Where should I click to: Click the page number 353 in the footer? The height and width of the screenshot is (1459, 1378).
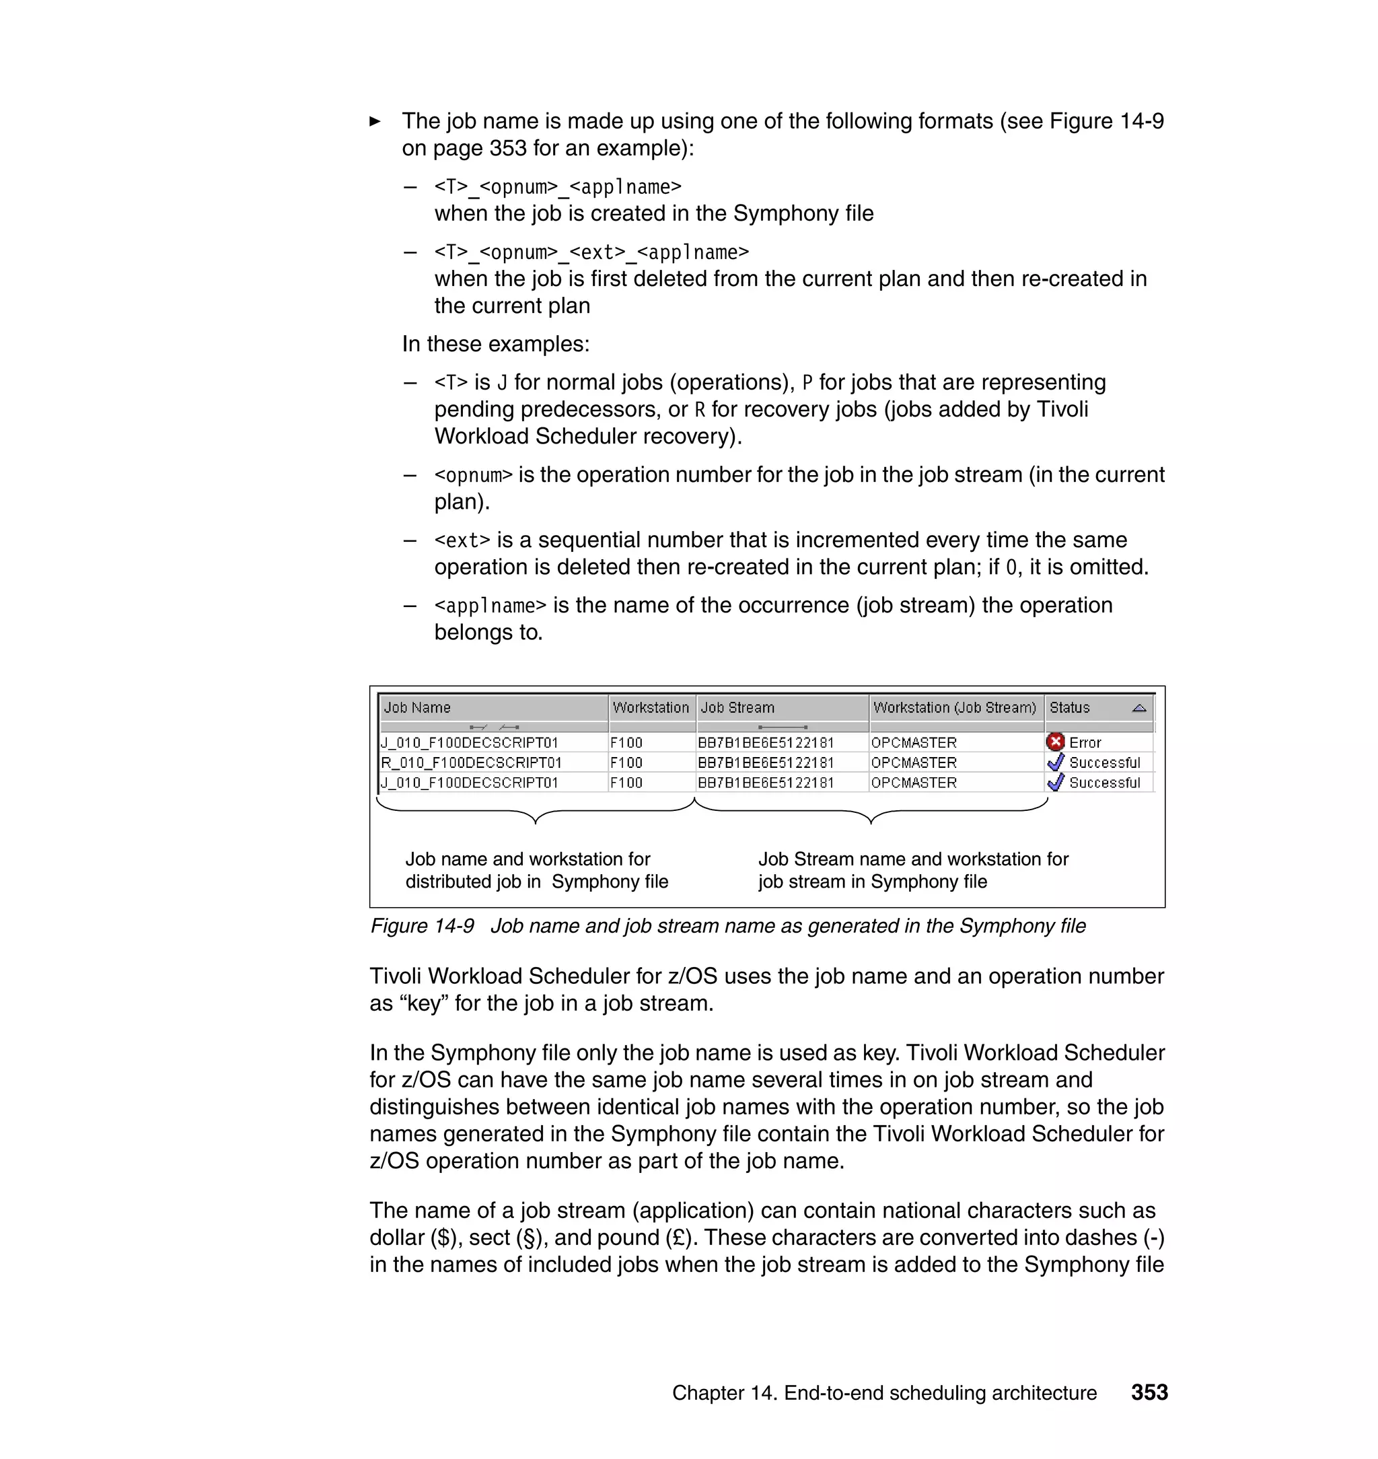[x=1149, y=1392]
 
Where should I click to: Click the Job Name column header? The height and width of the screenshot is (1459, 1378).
[x=416, y=707]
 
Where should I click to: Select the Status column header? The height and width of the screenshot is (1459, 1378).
[x=1069, y=707]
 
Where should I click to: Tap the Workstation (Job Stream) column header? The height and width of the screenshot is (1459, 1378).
[x=954, y=707]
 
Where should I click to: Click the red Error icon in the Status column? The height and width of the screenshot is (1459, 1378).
[x=1056, y=742]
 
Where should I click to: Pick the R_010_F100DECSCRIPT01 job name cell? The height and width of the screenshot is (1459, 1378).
[x=471, y=762]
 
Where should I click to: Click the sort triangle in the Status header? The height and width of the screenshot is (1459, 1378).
[x=1139, y=708]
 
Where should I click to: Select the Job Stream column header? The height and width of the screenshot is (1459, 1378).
[x=737, y=707]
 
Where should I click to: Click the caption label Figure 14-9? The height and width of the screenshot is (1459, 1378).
[x=423, y=925]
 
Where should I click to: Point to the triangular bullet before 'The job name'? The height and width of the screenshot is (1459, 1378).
[x=375, y=121]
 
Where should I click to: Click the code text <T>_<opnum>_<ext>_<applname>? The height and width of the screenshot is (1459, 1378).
[x=591, y=252]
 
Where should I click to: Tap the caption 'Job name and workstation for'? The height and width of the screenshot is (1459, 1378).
[x=528, y=859]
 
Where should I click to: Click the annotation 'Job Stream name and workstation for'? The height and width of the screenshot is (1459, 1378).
[x=913, y=859]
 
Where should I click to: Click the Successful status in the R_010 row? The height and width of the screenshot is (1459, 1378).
[x=1104, y=762]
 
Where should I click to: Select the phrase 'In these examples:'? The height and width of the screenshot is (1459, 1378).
[x=496, y=344]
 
